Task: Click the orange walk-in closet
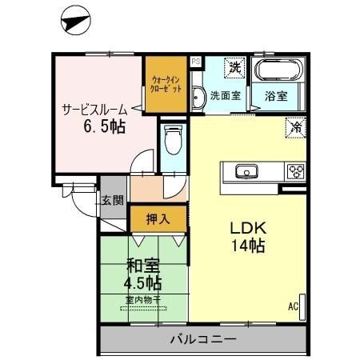[166, 85]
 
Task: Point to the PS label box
[195, 61]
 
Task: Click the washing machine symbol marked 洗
[235, 68]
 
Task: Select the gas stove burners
[296, 171]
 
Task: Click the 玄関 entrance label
[112, 201]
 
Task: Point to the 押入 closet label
[158, 218]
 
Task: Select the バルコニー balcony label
[203, 339]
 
